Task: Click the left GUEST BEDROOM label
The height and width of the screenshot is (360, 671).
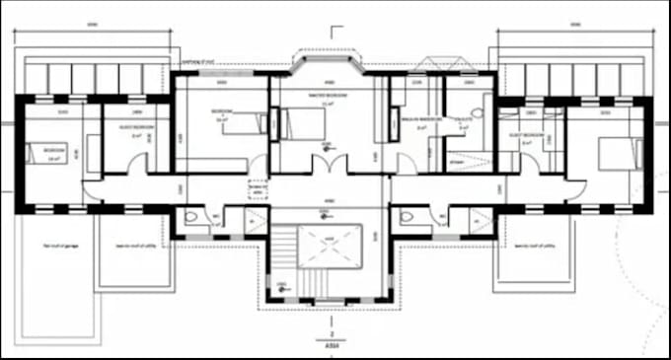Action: coord(135,127)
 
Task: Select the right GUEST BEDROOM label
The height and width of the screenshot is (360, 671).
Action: coord(527,132)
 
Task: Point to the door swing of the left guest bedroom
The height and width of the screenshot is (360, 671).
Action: coord(139,164)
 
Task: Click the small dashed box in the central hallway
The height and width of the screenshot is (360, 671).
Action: coord(259,190)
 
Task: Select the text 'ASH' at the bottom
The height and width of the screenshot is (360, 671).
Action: coord(332,345)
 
